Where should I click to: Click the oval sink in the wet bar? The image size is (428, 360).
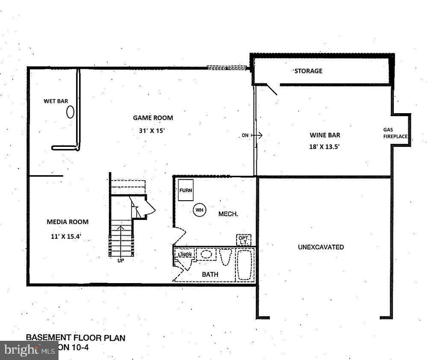coord(70,112)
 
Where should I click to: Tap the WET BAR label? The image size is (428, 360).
coord(56,101)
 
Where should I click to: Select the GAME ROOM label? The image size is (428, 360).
coord(153,118)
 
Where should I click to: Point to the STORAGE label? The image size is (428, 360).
coord(308,71)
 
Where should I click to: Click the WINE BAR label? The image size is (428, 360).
coord(325,135)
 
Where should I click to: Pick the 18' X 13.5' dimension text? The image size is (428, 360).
coord(325,146)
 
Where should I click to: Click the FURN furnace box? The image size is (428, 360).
coord(185,190)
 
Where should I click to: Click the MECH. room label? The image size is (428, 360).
coord(228,214)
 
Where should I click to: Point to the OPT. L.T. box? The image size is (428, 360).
coord(244,240)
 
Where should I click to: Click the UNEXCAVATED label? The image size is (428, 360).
coord(321,247)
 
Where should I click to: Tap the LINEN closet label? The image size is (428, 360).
coord(185,255)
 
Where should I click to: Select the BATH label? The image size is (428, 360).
coord(210,275)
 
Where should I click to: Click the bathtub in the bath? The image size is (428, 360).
coord(245,265)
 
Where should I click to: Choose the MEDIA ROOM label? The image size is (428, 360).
coord(67,222)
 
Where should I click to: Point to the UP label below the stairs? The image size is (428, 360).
coord(120,260)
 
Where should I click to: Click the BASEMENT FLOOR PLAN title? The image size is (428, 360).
coord(76,338)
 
